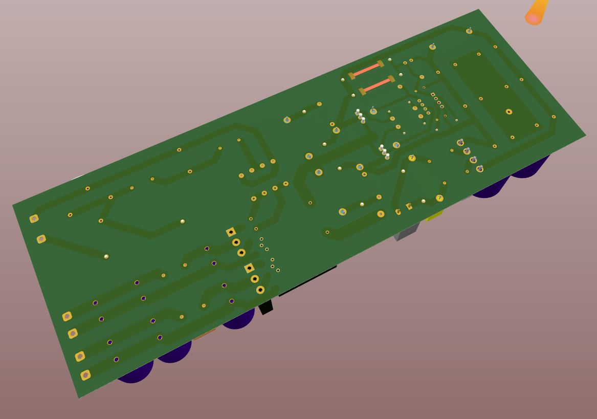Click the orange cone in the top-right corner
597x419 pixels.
[536, 12]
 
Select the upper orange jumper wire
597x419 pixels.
[366, 70]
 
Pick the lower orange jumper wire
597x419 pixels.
[377, 85]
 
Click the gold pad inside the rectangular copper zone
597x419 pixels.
[509, 112]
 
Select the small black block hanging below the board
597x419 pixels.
[266, 307]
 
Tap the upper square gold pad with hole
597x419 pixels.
[231, 232]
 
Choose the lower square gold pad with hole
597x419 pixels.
[249, 268]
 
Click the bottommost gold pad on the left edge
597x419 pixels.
[85, 375]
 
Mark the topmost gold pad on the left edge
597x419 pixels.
[34, 218]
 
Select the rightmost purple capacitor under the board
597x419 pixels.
[529, 166]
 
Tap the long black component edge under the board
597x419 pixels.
[307, 281]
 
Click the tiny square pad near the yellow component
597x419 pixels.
[409, 206]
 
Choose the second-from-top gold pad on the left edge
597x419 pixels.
[41, 239]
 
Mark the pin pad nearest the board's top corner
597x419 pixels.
[469, 31]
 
